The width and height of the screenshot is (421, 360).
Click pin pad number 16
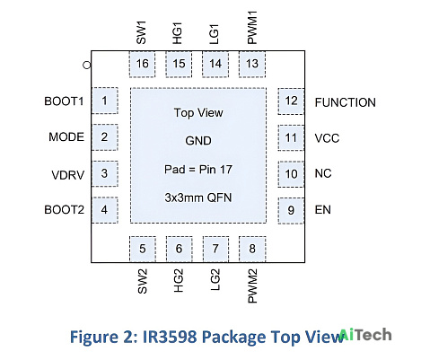tap(142, 64)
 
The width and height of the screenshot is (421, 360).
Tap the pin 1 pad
tap(104, 101)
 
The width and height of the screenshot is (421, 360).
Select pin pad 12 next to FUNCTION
tap(291, 101)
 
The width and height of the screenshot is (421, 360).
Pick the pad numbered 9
tap(291, 210)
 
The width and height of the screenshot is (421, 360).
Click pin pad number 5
tap(143, 249)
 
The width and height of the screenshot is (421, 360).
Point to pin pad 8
tap(252, 249)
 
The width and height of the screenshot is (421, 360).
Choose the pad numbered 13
tap(252, 64)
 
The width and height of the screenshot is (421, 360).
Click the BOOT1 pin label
tap(64, 101)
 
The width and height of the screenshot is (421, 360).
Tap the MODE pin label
tap(66, 137)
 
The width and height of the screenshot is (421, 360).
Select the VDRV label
tap(68, 175)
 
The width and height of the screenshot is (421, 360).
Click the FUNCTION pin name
tap(346, 102)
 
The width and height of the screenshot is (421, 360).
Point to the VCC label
tap(327, 138)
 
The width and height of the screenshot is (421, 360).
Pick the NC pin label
tap(323, 173)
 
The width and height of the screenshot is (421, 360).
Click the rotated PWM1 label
tap(252, 28)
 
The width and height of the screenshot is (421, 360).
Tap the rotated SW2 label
tap(143, 281)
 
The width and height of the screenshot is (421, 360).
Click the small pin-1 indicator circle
tap(87, 65)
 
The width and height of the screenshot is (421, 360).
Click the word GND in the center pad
tap(198, 141)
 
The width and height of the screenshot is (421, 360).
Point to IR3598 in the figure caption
tap(170, 337)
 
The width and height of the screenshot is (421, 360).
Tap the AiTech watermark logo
tap(365, 335)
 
